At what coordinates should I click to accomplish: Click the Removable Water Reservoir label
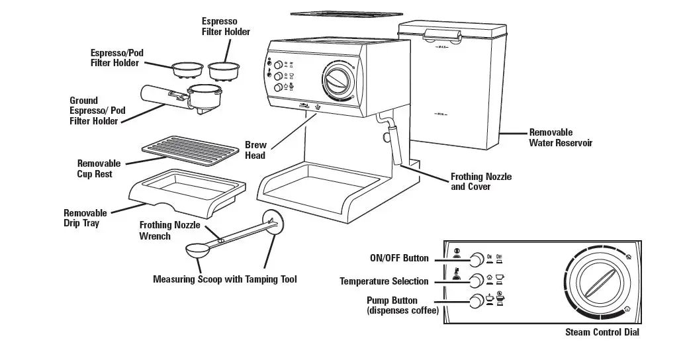[x=560, y=138]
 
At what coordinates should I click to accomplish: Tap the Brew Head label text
[x=255, y=150]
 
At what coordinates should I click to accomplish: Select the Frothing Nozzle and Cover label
[x=480, y=182]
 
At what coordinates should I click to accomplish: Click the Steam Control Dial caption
[x=602, y=332]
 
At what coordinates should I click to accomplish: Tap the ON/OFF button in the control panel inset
[x=476, y=259]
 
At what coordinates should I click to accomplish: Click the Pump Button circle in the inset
[x=476, y=302]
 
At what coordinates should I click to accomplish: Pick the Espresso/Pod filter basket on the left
[x=187, y=69]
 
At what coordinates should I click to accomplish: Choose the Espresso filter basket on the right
[x=223, y=69]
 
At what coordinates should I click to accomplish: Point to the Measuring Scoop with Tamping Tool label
[x=224, y=279]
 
